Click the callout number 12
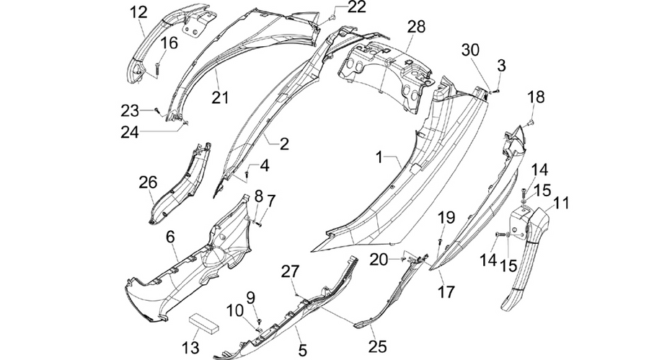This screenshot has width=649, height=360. pos(138,12)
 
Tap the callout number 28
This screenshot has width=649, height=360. pos(416,27)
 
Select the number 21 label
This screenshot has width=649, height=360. pos(220,98)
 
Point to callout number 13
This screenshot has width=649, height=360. pos(190,348)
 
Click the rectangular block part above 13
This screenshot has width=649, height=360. pos(203,323)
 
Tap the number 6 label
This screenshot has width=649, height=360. pos(170,237)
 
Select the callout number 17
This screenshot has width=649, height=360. pos(446,292)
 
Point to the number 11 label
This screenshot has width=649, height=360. pos(562,203)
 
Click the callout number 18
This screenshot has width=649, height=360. pos(536,97)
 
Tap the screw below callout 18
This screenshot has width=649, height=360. pos(531,123)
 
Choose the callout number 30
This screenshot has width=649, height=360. pos(470,50)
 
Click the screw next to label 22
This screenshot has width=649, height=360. pos(331,18)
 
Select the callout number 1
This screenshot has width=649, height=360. pos(379,157)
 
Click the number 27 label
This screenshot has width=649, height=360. pos(290,272)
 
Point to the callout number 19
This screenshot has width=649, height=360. pos(446,217)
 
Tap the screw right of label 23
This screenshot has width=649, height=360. pos(156,110)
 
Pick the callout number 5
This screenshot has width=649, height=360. pos(303,351)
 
